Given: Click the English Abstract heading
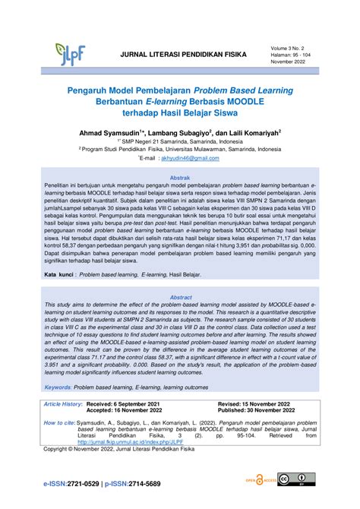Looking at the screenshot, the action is click(180, 297).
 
